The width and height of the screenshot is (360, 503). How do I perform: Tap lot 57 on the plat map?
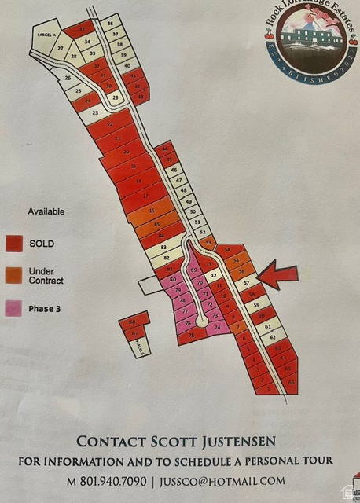246,282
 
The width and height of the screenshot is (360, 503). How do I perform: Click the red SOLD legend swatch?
14,244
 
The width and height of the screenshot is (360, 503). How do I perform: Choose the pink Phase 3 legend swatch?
14,309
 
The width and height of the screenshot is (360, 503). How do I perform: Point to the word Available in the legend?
46,211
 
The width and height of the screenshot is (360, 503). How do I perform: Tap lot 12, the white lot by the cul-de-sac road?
213,276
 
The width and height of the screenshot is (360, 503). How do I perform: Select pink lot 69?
193,270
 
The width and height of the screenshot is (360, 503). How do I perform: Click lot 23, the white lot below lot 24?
95,112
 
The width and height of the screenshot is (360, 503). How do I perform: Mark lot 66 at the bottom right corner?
292,382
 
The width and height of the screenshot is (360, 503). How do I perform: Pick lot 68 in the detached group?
132,322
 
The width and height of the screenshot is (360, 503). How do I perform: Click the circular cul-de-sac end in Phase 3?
202,321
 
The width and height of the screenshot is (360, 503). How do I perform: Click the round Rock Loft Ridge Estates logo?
307,42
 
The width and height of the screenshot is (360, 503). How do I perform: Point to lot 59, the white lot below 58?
255,304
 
